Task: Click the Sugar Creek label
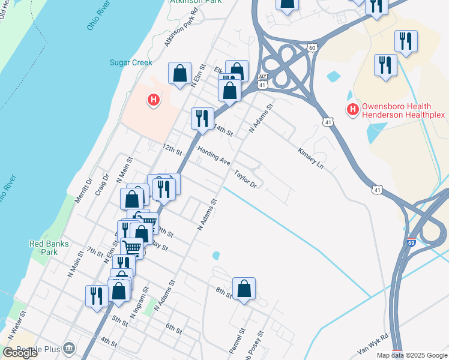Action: [130, 62]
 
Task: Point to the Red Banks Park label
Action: [49, 248]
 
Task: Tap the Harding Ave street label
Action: [214, 157]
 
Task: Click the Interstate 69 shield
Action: [411, 243]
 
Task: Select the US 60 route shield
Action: [310, 47]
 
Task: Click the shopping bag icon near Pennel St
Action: [244, 289]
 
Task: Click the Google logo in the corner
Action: [20, 353]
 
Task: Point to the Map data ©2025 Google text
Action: [411, 355]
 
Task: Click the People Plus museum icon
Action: [70, 348]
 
